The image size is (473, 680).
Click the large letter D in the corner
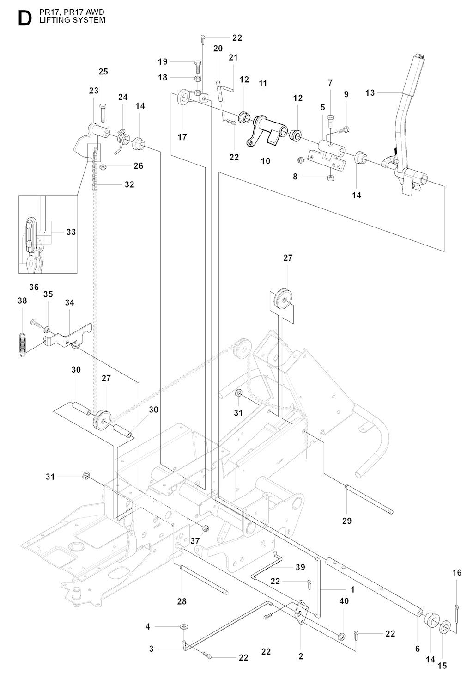pyautogui.click(x=25, y=19)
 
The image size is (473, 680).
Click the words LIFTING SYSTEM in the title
pyautogui.click(x=72, y=20)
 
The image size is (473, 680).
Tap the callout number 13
pyautogui.click(x=370, y=93)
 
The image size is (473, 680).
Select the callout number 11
pyautogui.click(x=263, y=83)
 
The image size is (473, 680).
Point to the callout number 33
pyautogui.click(x=71, y=232)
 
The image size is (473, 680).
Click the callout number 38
pyautogui.click(x=23, y=300)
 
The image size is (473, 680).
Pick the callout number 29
pyautogui.click(x=347, y=521)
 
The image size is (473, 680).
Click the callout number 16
pyautogui.click(x=457, y=573)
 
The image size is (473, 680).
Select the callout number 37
pyautogui.click(x=195, y=541)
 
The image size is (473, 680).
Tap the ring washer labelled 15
pyautogui.click(x=444, y=626)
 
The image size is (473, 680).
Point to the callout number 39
pyautogui.click(x=300, y=567)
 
